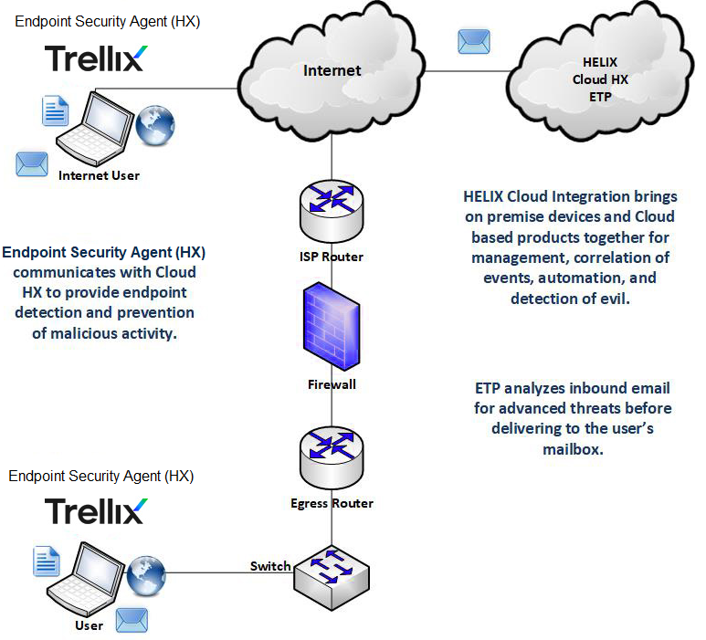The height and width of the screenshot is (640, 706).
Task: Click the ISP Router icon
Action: point(332,211)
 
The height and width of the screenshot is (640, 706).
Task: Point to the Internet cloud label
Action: point(332,70)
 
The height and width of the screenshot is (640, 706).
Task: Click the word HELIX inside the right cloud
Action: point(600,63)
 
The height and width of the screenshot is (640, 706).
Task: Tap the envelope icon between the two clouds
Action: point(474,40)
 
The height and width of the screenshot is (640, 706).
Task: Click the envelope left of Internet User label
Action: point(32,163)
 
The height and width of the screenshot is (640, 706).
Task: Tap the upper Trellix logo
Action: point(95,58)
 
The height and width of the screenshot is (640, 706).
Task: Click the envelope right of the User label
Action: point(131,620)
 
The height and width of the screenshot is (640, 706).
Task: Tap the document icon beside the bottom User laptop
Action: point(47,561)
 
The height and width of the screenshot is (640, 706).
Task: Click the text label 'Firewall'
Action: point(332,384)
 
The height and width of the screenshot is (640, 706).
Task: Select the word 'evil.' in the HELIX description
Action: point(610,298)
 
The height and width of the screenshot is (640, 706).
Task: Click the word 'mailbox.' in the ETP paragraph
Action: point(572,449)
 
